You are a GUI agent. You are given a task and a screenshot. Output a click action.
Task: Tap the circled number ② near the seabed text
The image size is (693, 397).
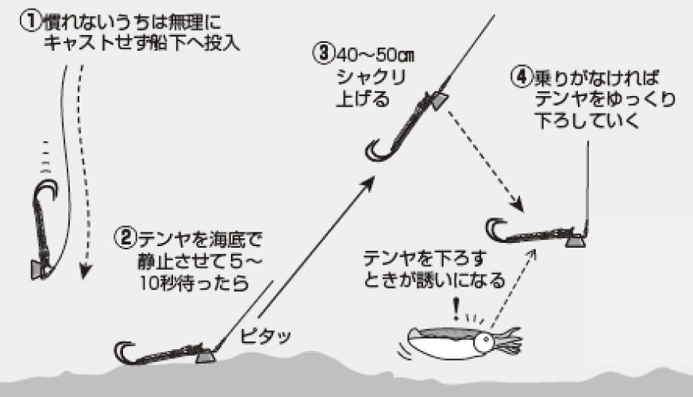(x=126, y=237)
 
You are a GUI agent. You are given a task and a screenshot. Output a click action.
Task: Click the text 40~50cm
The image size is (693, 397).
(x=377, y=56)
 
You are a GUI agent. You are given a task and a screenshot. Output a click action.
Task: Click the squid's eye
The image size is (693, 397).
(x=483, y=342)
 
